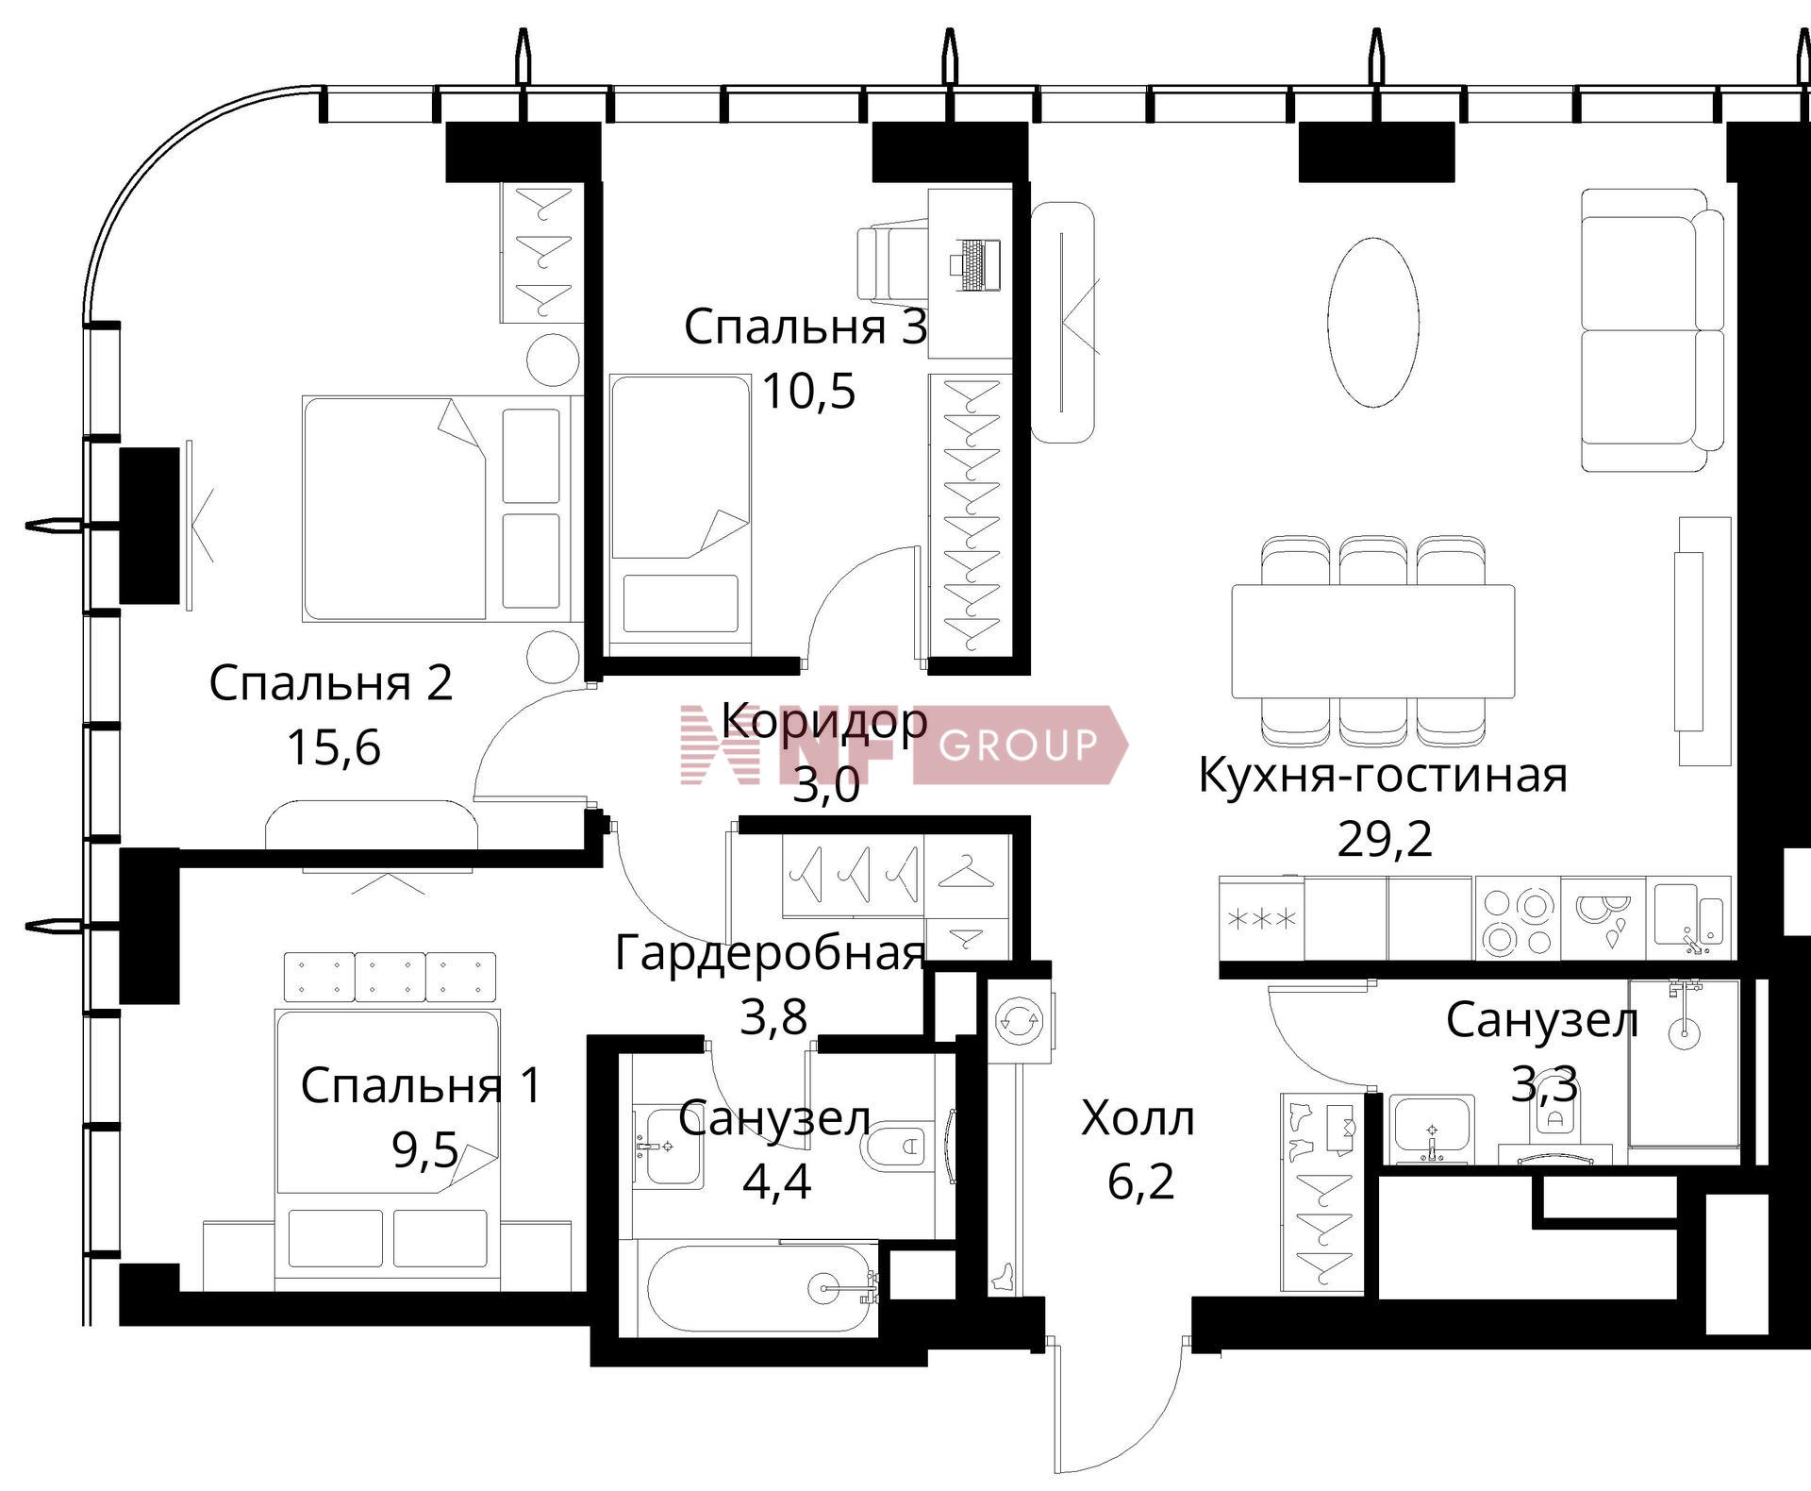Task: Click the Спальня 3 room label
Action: click(806, 327)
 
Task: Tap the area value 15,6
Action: click(333, 747)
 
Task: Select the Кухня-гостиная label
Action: click(1383, 776)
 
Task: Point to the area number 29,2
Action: click(1385, 838)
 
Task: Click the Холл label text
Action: click(1138, 1118)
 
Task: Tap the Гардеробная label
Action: click(770, 953)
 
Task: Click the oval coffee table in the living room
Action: click(1373, 323)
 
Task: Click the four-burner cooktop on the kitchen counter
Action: click(1517, 919)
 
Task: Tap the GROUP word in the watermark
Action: click(1019, 745)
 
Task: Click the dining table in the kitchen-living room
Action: click(1372, 642)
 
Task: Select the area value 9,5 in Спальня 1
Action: click(425, 1150)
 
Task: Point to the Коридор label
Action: click(824, 722)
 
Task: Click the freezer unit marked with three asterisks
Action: click(1261, 919)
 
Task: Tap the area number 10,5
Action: click(808, 391)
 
